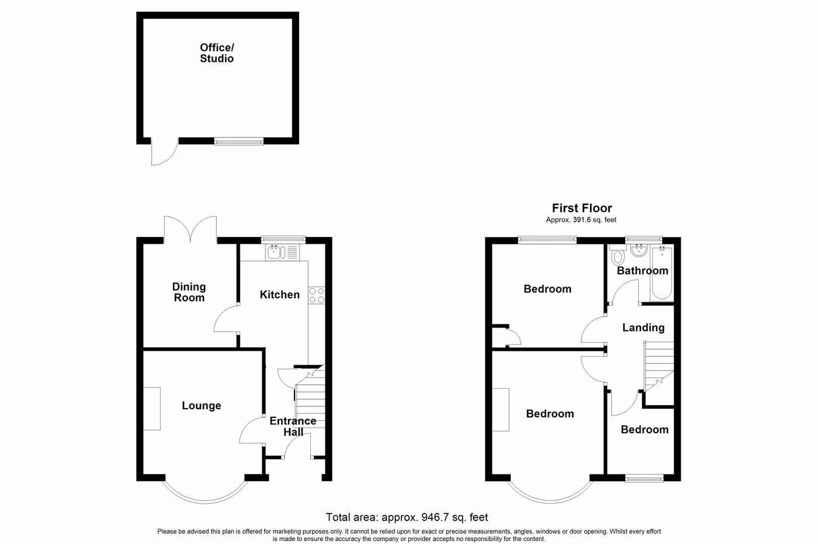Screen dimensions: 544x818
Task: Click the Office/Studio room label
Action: click(217, 53)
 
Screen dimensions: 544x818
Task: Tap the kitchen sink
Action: click(282, 252)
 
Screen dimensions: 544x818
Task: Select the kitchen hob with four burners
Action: click(317, 295)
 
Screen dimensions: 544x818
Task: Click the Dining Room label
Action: click(189, 292)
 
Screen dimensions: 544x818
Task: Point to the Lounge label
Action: click(202, 406)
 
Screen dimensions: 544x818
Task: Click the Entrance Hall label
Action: click(293, 426)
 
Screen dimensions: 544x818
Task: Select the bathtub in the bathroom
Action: click(661, 273)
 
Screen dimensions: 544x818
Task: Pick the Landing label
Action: click(643, 327)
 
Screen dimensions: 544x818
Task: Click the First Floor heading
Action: click(582, 208)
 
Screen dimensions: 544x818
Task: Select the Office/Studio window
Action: click(238, 141)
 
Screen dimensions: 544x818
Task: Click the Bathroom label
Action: click(642, 270)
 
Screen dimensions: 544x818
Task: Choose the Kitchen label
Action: click(280, 295)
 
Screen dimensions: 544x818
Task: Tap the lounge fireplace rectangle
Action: click(152, 409)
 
